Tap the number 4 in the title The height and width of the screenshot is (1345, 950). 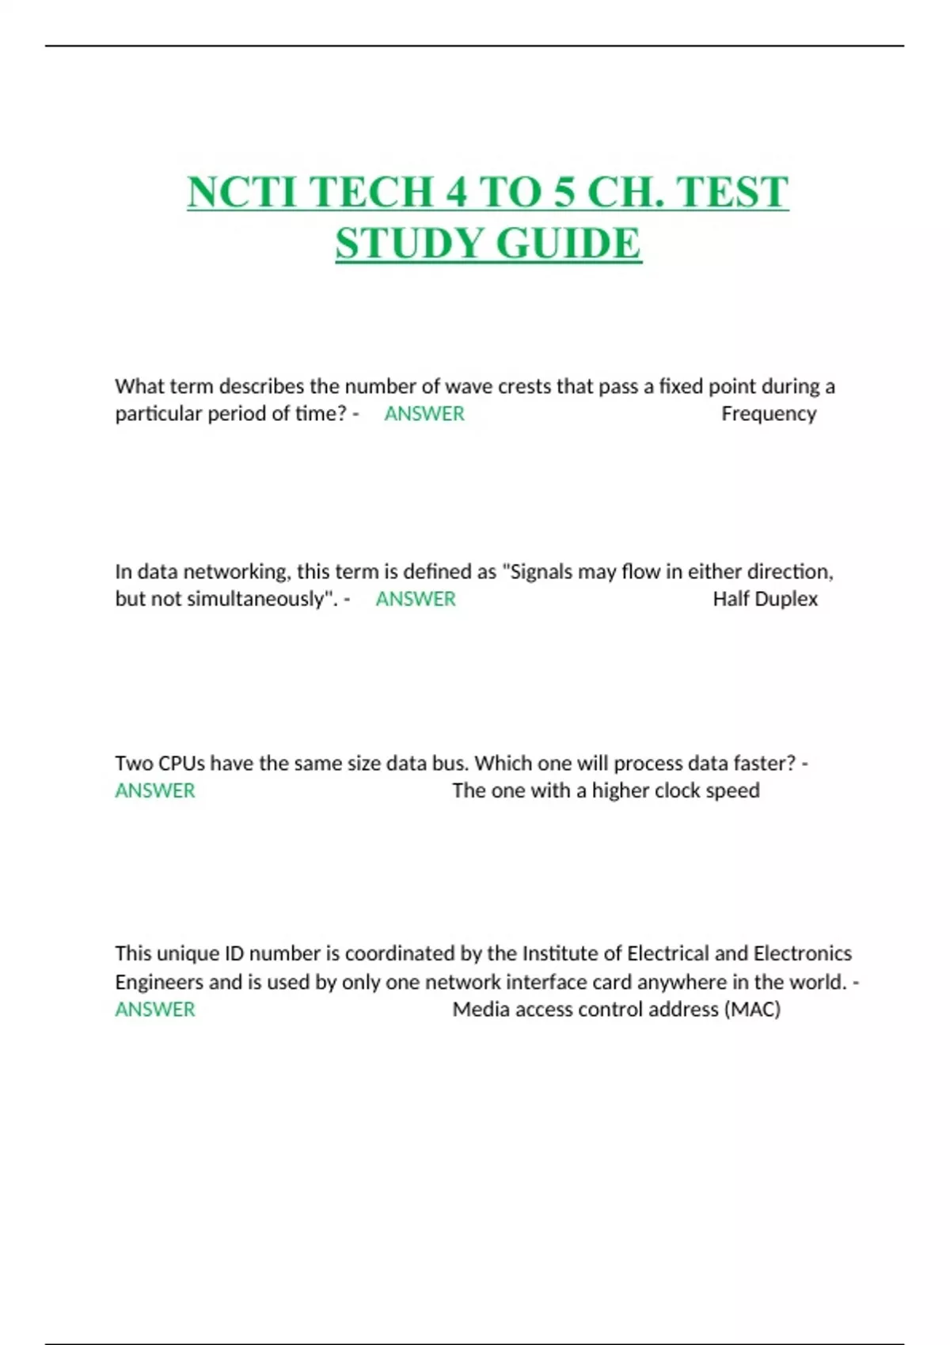pos(455,192)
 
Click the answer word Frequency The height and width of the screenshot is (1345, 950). pos(768,414)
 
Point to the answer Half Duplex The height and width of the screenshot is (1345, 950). pos(765,599)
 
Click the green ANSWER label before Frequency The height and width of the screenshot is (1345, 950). pos(424,414)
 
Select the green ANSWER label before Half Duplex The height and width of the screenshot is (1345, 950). pos(416,599)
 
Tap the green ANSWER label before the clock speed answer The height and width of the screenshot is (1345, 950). pos(155,790)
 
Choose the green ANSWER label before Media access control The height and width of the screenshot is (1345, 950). pos(155,1010)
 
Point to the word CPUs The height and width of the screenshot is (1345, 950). pos(181,763)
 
